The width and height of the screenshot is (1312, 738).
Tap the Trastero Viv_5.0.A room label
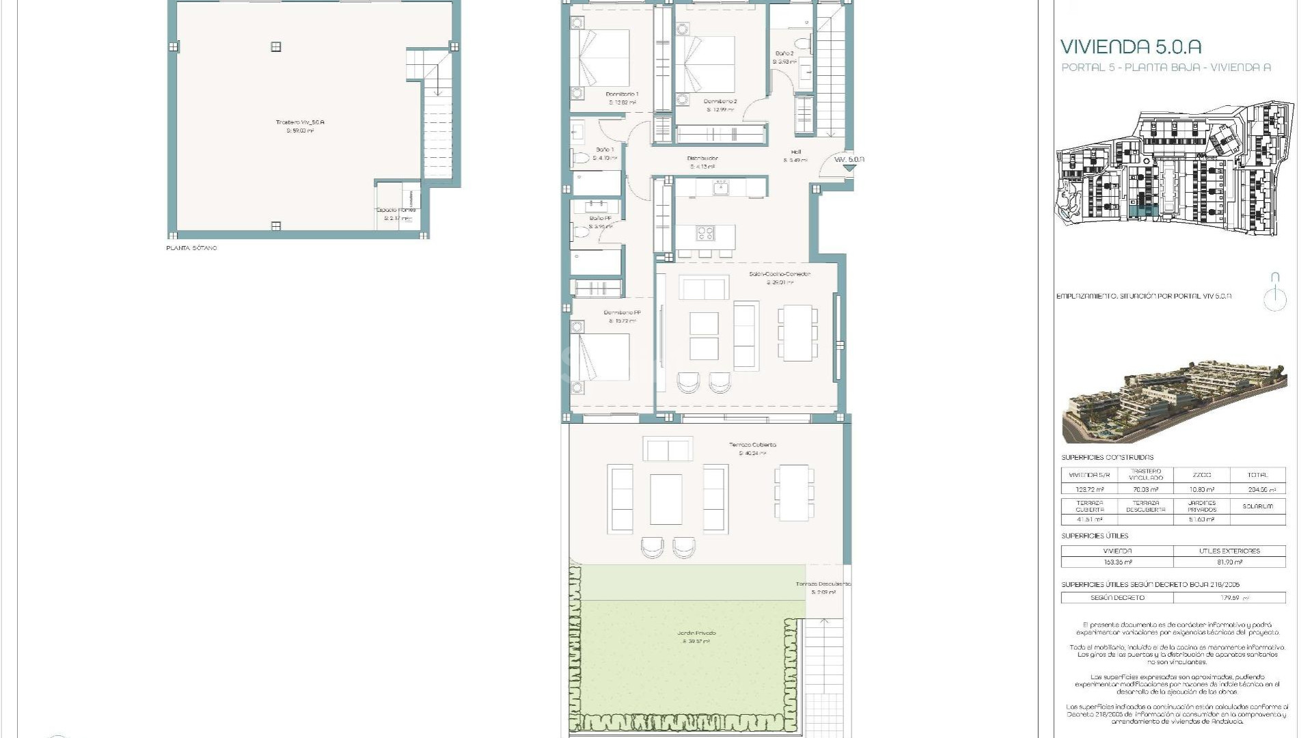[x=300, y=123]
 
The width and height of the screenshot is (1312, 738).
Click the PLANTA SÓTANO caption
[x=191, y=248]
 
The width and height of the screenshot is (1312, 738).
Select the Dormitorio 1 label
[x=622, y=94]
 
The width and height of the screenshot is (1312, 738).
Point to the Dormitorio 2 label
[x=720, y=102]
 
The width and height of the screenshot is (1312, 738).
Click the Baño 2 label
[x=784, y=53]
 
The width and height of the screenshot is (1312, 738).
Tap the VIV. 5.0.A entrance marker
[x=849, y=160]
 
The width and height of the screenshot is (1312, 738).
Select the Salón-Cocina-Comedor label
[x=779, y=274]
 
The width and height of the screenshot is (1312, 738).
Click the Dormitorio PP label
[x=622, y=313]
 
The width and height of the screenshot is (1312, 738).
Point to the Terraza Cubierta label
[x=752, y=445]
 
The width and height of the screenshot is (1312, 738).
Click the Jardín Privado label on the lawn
[x=696, y=633]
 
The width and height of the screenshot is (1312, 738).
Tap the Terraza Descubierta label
[x=823, y=584]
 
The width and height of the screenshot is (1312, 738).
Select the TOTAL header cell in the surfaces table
[x=1257, y=475]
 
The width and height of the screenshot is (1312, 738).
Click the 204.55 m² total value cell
[x=1257, y=489]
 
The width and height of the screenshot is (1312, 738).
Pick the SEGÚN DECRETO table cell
[x=1117, y=598]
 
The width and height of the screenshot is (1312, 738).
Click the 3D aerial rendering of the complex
[x=1174, y=402]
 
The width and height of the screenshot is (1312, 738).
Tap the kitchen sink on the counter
[x=720, y=186]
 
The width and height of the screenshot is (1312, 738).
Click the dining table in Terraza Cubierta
[x=794, y=493]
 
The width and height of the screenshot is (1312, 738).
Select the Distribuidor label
[x=702, y=159]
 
